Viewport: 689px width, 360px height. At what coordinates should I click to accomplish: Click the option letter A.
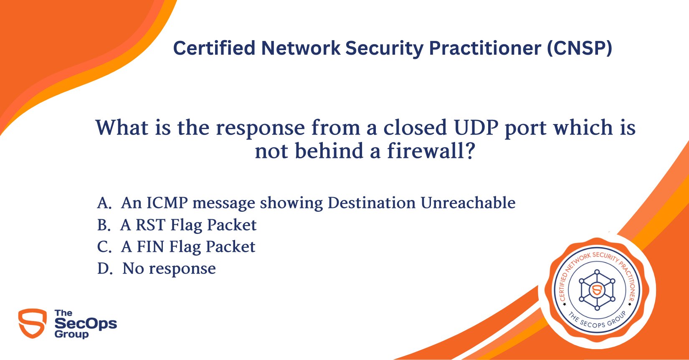click(104, 203)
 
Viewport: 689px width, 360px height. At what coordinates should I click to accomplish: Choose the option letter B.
click(103, 225)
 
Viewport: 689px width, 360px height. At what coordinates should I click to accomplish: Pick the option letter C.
click(104, 247)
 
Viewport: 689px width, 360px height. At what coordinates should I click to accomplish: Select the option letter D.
click(104, 269)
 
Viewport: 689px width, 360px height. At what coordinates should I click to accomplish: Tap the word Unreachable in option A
click(468, 203)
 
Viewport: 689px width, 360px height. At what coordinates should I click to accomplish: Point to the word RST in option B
click(151, 225)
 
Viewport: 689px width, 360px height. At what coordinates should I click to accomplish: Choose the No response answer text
click(169, 269)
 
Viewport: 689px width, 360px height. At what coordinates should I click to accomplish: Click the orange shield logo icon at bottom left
click(33, 323)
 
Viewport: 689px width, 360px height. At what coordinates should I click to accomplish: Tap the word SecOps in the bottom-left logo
click(86, 324)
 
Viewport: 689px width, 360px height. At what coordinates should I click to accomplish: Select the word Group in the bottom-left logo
click(71, 335)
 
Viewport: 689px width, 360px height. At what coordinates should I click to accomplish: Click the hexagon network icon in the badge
click(597, 289)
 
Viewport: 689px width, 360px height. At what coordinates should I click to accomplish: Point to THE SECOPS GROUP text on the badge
click(598, 321)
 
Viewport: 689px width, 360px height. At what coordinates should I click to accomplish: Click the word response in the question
click(260, 127)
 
